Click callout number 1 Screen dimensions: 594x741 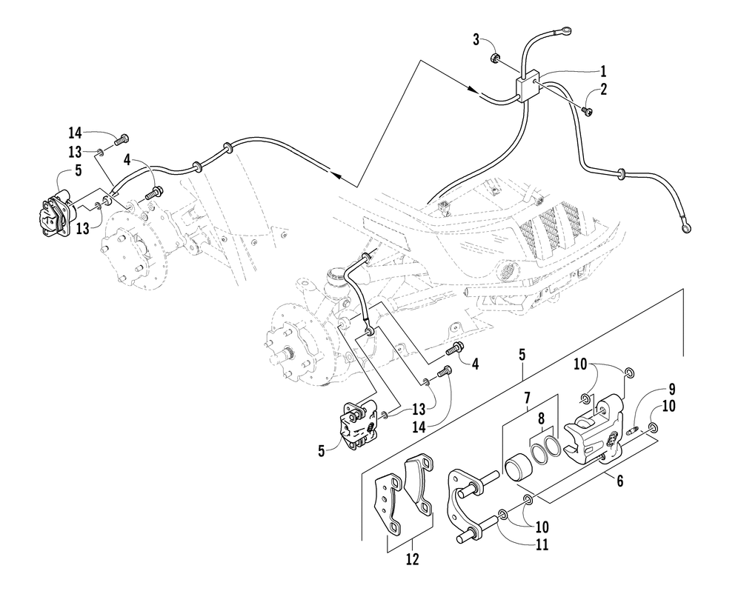603,72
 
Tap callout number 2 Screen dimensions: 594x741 604,90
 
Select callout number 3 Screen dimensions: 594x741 476,39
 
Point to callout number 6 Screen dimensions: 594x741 619,481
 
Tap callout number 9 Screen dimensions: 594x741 671,387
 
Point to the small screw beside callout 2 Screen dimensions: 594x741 588,111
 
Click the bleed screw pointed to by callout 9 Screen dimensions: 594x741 633,429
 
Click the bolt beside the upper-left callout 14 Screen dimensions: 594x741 122,137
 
